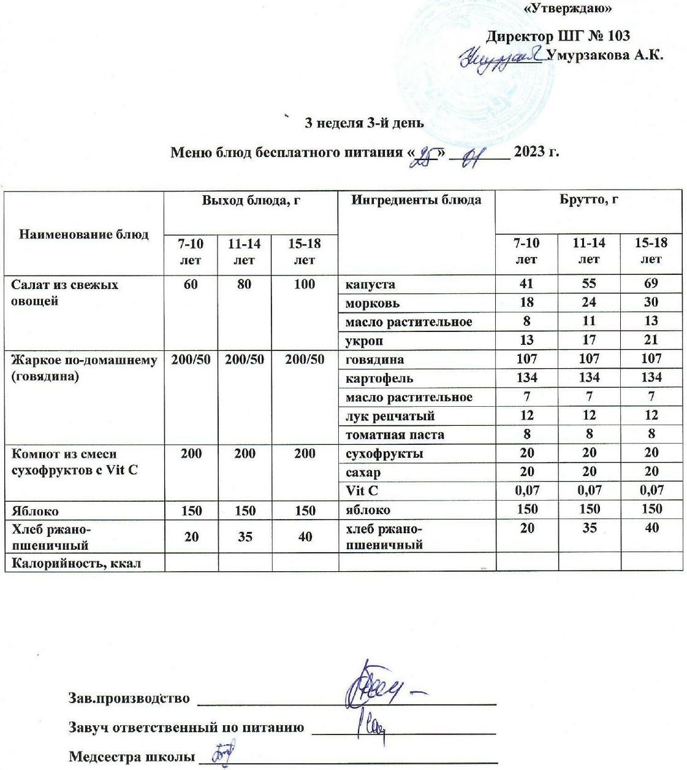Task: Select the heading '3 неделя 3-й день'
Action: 364,123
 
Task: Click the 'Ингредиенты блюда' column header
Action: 416,200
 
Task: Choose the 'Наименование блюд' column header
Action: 84,234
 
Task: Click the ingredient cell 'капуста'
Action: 370,285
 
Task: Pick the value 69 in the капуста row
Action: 651,283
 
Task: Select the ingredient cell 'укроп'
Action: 364,341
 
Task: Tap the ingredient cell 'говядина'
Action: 374,360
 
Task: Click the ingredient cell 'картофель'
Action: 379,379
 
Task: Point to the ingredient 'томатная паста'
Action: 395,435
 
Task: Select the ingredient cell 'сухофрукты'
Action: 384,454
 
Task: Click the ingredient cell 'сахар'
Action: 363,472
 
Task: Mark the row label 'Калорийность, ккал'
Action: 76,563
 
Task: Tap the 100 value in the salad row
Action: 305,285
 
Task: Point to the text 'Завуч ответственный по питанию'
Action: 186,728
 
